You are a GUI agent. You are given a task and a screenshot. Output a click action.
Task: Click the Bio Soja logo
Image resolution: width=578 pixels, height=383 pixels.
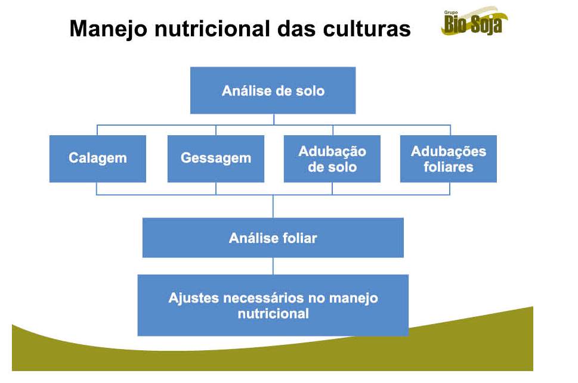pyautogui.click(x=474, y=21)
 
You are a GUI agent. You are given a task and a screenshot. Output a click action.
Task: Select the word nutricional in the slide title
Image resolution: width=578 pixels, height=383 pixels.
pyautogui.click(x=212, y=29)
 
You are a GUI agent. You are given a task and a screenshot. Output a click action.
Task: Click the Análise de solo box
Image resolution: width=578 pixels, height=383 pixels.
pyautogui.click(x=273, y=90)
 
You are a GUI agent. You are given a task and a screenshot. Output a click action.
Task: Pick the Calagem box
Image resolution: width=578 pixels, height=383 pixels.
pyautogui.click(x=98, y=158)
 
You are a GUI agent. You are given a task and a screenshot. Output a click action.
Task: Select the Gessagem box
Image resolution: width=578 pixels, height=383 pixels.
pyautogui.click(x=216, y=158)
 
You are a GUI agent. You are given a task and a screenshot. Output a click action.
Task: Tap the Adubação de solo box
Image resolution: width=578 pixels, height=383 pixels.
pyautogui.click(x=332, y=158)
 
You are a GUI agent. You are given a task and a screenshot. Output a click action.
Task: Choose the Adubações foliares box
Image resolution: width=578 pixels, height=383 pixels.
pyautogui.click(x=448, y=158)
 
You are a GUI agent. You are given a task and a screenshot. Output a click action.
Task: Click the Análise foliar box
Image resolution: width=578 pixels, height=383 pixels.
pyautogui.click(x=273, y=238)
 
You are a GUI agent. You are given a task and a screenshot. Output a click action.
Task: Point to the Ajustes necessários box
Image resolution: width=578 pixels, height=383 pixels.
pyautogui.click(x=273, y=306)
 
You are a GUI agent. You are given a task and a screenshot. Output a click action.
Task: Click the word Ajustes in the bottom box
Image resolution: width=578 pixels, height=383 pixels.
pyautogui.click(x=194, y=298)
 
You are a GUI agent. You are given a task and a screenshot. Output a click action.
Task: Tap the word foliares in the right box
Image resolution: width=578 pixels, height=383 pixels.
pyautogui.click(x=448, y=167)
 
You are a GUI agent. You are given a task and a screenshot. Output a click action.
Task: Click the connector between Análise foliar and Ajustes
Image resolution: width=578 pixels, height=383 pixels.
pyautogui.click(x=273, y=266)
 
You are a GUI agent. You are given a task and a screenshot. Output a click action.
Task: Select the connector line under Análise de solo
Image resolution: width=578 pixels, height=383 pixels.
pyautogui.click(x=274, y=119)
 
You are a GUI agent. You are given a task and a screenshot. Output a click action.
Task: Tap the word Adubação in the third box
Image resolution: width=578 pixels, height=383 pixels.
pyautogui.click(x=332, y=152)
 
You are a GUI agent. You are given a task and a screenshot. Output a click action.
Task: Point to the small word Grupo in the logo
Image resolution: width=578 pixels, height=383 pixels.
pyautogui.click(x=451, y=13)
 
